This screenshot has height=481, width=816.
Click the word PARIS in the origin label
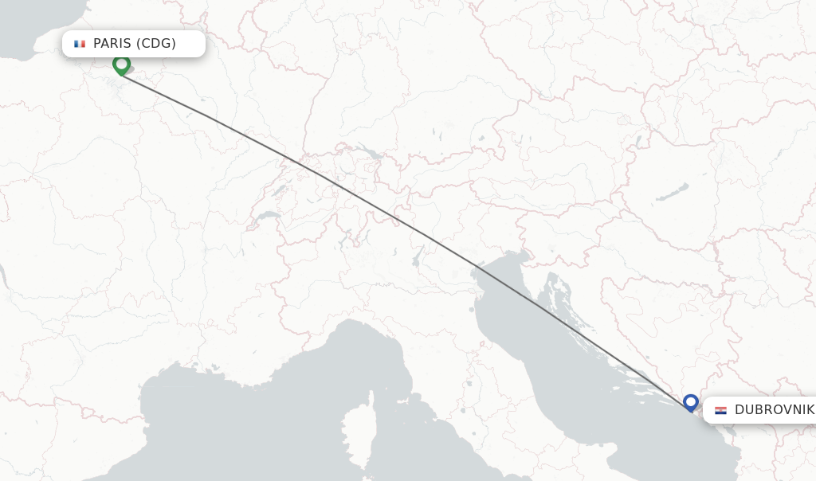113,44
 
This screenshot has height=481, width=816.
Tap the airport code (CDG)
156,44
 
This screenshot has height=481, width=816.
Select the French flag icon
80,44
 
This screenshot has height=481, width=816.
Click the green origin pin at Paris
121,64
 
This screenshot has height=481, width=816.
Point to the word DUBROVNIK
774,410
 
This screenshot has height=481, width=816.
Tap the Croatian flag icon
720,410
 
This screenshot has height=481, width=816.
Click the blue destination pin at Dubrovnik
690,402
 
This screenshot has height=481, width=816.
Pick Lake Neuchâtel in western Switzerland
277,192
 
